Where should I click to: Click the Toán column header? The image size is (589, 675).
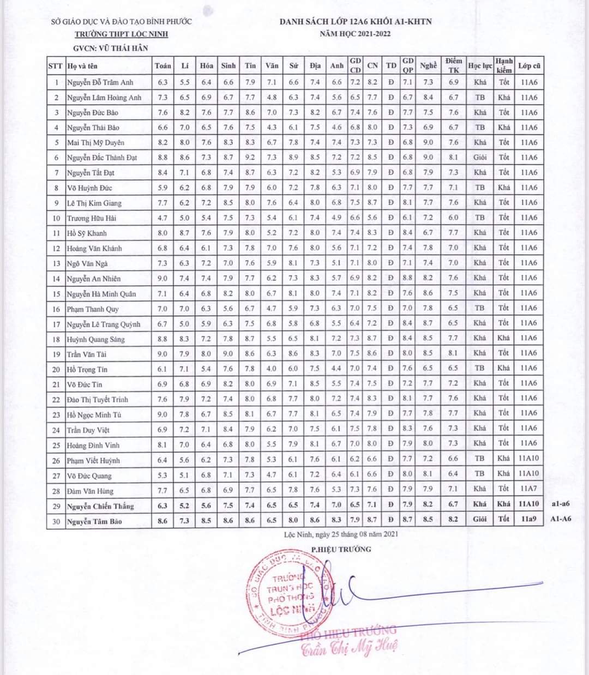163,65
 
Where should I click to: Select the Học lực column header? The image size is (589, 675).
480,65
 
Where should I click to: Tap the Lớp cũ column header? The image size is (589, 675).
529,65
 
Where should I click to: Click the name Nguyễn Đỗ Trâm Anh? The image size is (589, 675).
100,82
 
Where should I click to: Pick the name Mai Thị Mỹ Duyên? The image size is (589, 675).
95,143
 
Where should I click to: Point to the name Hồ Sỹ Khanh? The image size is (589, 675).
87,233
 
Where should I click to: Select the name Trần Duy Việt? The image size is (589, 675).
88,430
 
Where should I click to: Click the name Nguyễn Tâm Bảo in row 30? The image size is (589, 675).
94,521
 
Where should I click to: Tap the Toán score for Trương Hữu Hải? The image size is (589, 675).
163,218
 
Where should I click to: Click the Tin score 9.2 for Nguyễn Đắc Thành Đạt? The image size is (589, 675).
250,158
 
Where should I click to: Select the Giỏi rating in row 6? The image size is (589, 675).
480,158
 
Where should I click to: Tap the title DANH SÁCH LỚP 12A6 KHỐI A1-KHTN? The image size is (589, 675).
356,22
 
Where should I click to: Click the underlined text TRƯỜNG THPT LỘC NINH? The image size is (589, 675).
122,34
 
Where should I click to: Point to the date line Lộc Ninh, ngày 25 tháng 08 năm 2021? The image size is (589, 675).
341,534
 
